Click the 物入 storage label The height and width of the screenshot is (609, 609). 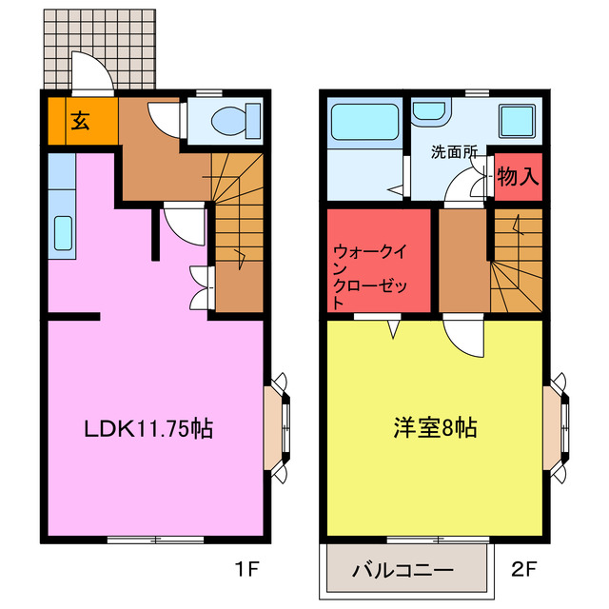click(519, 176)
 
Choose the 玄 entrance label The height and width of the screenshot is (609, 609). click(80, 120)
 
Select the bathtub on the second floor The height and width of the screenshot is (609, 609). click(363, 125)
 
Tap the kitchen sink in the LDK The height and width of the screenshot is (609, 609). click(63, 234)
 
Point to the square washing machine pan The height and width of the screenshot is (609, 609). click(517, 122)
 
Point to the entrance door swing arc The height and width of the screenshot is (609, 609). click(88, 71)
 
